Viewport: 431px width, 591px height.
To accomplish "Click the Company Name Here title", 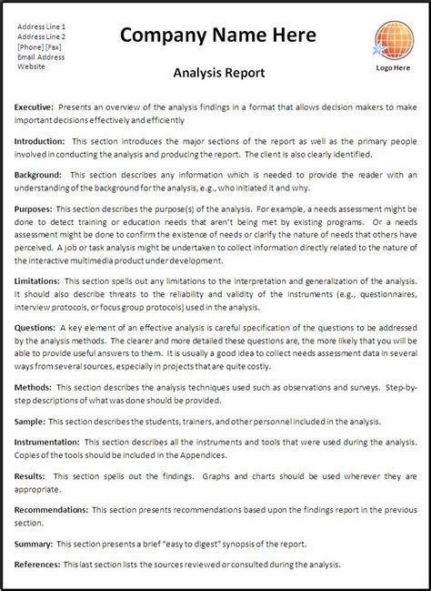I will [218, 36].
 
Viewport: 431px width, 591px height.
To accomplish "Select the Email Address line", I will [40, 56].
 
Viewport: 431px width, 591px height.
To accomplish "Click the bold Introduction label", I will [39, 142].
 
